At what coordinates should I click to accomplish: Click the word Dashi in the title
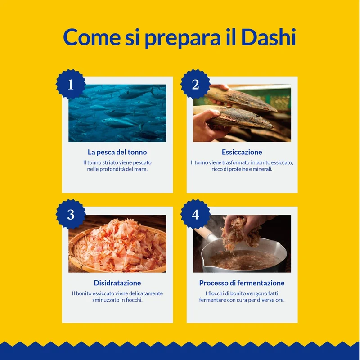click(268, 37)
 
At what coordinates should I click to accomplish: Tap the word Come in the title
click(92, 37)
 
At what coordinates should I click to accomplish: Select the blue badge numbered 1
click(71, 84)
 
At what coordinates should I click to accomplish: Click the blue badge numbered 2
click(195, 84)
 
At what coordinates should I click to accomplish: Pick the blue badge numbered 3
click(71, 214)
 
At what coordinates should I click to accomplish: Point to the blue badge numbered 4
click(195, 214)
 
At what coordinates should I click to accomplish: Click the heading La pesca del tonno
click(117, 152)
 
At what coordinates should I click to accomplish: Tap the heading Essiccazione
click(242, 152)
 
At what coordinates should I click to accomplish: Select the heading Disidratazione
click(117, 283)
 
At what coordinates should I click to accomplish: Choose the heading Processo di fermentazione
click(242, 283)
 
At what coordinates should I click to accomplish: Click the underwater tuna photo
click(117, 113)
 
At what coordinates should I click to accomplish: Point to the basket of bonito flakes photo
click(117, 244)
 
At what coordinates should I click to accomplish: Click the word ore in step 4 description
click(280, 300)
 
